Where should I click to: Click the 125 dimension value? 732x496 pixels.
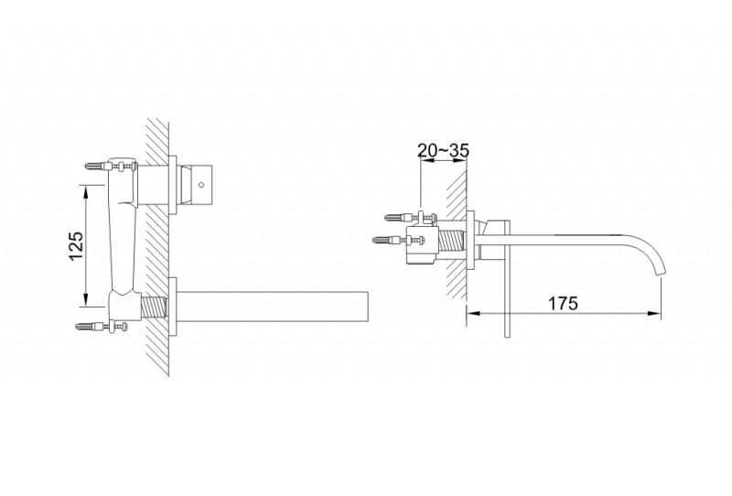click(x=77, y=245)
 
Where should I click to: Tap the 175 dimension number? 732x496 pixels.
click(x=564, y=304)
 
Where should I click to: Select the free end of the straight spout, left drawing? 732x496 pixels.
click(x=366, y=307)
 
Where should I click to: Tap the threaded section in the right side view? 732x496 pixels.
click(x=452, y=243)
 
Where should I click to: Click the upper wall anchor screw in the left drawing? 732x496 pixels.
click(x=93, y=166)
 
